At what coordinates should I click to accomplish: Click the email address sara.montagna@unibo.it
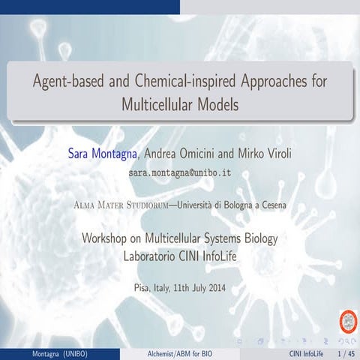point(179,172)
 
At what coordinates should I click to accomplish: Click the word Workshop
point(106,239)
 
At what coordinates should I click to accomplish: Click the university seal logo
point(348,319)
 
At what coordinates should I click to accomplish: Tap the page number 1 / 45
point(346,352)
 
